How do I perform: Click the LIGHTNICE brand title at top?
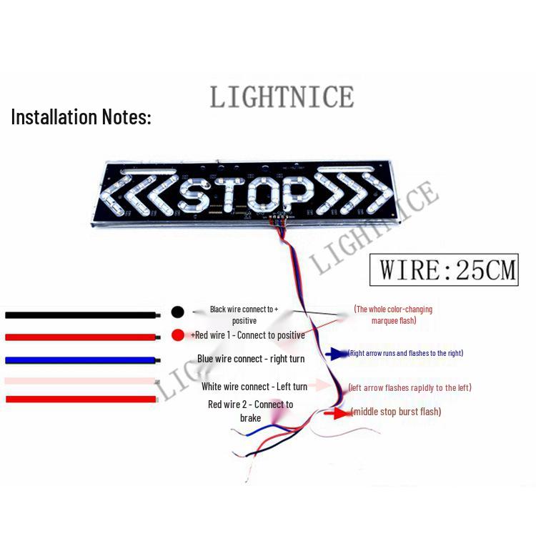click(282, 96)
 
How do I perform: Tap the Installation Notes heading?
click(81, 117)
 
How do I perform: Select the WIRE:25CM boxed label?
click(444, 270)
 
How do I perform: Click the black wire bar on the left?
click(81, 314)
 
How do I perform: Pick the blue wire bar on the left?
click(81, 359)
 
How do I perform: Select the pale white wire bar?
click(80, 381)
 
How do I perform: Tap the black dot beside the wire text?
click(178, 312)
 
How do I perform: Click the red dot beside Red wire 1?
click(178, 334)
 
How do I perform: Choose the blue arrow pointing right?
click(336, 353)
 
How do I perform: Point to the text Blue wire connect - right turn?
click(251, 359)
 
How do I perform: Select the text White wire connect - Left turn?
click(254, 387)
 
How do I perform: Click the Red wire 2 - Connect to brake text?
click(251, 411)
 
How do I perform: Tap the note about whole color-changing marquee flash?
click(394, 315)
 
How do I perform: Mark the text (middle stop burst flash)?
click(396, 412)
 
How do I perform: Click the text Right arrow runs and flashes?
click(406, 353)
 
